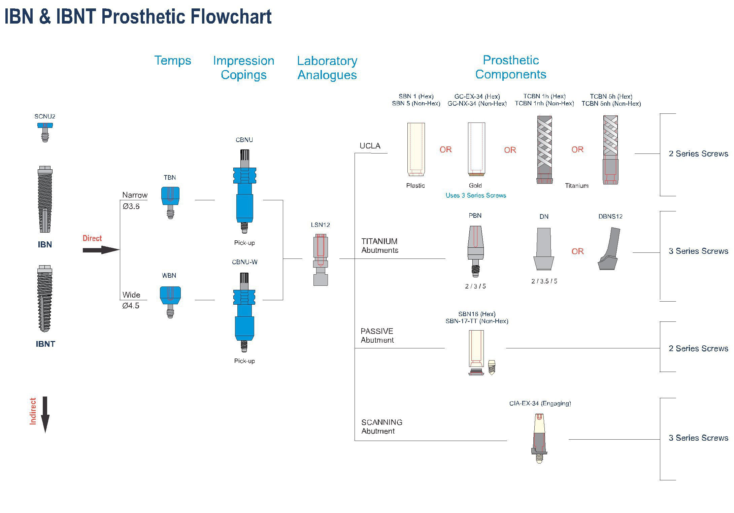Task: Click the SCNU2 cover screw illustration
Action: click(x=45, y=132)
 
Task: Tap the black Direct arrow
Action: click(x=101, y=250)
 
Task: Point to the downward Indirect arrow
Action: click(x=45, y=414)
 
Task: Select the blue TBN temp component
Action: click(x=170, y=202)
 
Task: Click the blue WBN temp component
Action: click(x=170, y=301)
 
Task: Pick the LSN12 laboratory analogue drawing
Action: click(x=321, y=259)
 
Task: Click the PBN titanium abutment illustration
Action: click(x=475, y=251)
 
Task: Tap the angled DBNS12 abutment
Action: click(x=609, y=249)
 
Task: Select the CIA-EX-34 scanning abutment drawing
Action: click(x=539, y=438)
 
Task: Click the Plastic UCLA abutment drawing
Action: click(x=416, y=149)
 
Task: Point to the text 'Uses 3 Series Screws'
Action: click(x=476, y=196)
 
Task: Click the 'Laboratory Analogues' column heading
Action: click(x=327, y=68)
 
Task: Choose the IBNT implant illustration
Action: click(x=45, y=298)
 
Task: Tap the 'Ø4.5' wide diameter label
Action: click(x=131, y=306)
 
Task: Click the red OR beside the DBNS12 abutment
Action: click(x=577, y=251)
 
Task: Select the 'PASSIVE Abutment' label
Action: click(x=377, y=336)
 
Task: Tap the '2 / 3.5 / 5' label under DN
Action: click(x=544, y=281)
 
